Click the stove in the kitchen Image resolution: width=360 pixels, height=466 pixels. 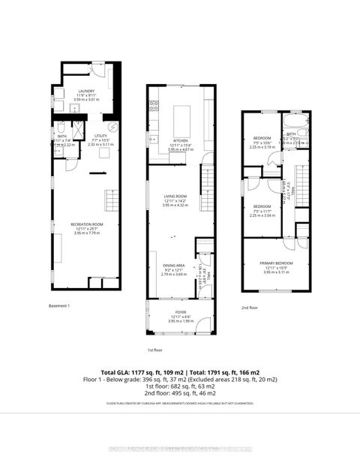coord(152,106)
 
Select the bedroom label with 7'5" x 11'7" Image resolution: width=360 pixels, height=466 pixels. coord(262,206)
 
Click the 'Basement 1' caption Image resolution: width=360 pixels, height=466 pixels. coord(59,305)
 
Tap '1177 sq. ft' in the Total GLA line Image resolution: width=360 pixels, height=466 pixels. coord(148,373)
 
